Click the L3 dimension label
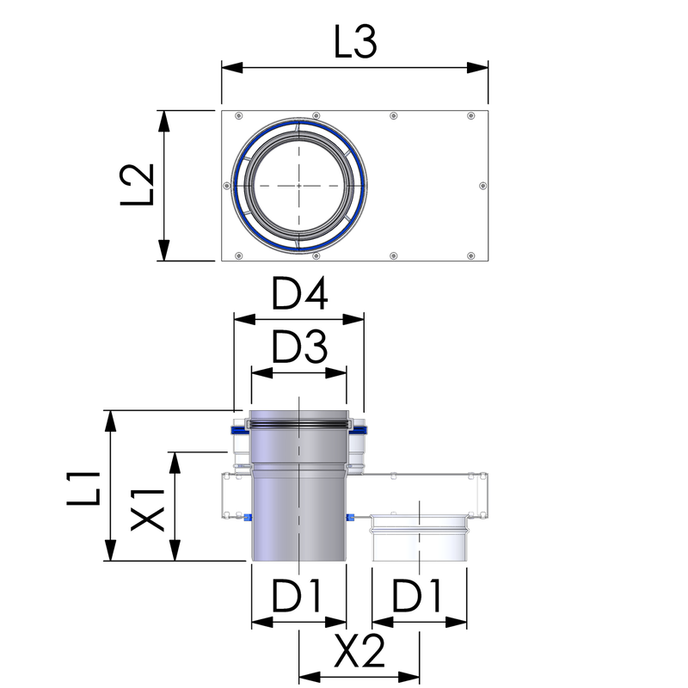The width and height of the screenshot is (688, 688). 355,42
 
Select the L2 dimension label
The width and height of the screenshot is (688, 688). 138,185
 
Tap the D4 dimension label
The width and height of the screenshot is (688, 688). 299,293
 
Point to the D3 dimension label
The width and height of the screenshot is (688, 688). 299,347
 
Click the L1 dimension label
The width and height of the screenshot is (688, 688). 83,488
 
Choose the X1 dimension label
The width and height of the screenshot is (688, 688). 148,510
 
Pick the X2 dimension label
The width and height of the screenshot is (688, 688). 359,651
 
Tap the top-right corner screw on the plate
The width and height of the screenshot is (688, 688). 470,116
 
